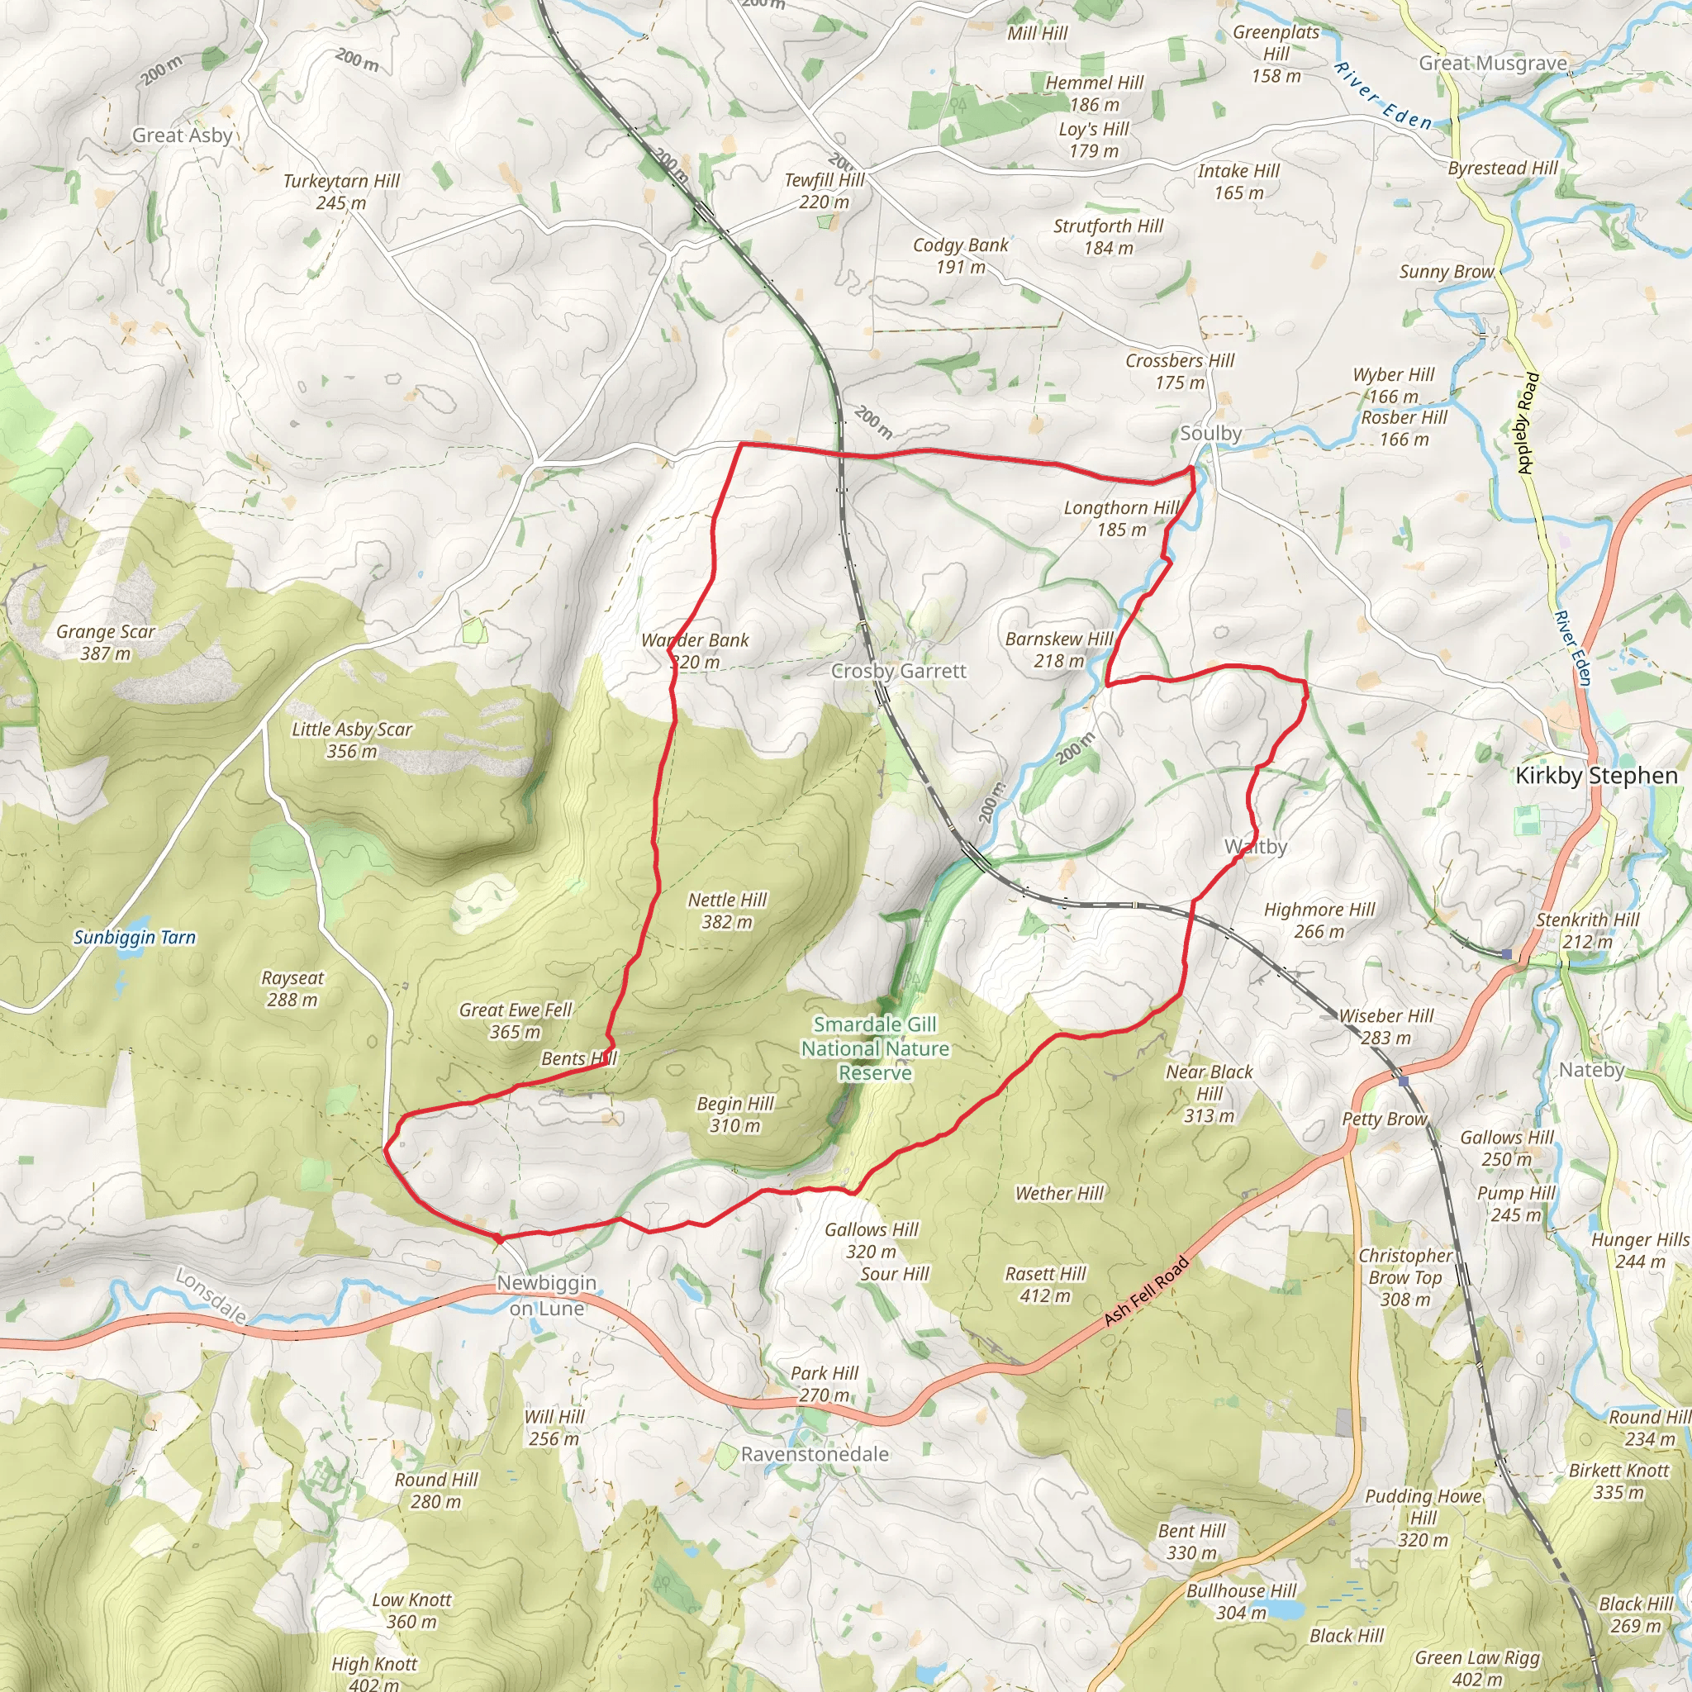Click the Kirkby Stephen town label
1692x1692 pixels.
point(1595,776)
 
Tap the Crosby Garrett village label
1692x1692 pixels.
point(899,671)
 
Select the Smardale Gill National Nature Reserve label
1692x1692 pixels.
point(875,1048)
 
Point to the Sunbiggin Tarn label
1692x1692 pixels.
point(135,937)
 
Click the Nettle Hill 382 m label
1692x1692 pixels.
point(727,910)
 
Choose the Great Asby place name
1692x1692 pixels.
point(182,135)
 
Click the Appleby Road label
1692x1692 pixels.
point(1528,424)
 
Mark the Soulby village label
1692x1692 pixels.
point(1210,433)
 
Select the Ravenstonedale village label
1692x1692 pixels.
point(815,1454)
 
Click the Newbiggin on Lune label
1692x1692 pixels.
point(546,1295)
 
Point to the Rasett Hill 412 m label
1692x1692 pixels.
point(1045,1284)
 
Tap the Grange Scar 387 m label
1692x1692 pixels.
point(105,642)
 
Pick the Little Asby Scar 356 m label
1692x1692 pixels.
point(351,740)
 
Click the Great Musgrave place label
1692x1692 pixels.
point(1492,63)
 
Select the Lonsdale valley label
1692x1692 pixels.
point(210,1295)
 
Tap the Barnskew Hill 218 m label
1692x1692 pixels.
point(1059,650)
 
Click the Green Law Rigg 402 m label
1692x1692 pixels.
point(1476,1668)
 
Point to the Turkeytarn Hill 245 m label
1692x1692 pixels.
point(340,191)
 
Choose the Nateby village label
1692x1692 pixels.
point(1591,1069)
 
